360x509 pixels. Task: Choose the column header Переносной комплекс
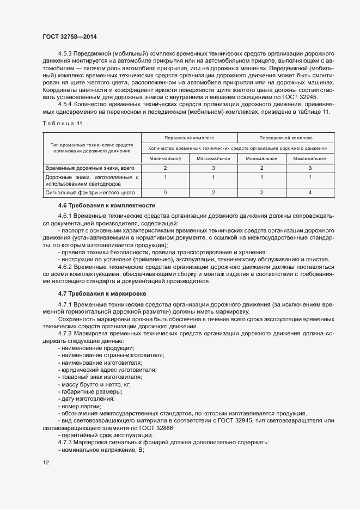click(189, 138)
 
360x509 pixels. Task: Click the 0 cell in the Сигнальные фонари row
click(165, 193)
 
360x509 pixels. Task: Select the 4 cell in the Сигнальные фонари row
click(309, 193)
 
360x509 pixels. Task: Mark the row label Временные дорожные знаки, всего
click(89, 168)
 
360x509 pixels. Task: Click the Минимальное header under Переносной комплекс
click(165, 158)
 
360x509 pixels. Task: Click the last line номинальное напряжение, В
click(96, 450)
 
